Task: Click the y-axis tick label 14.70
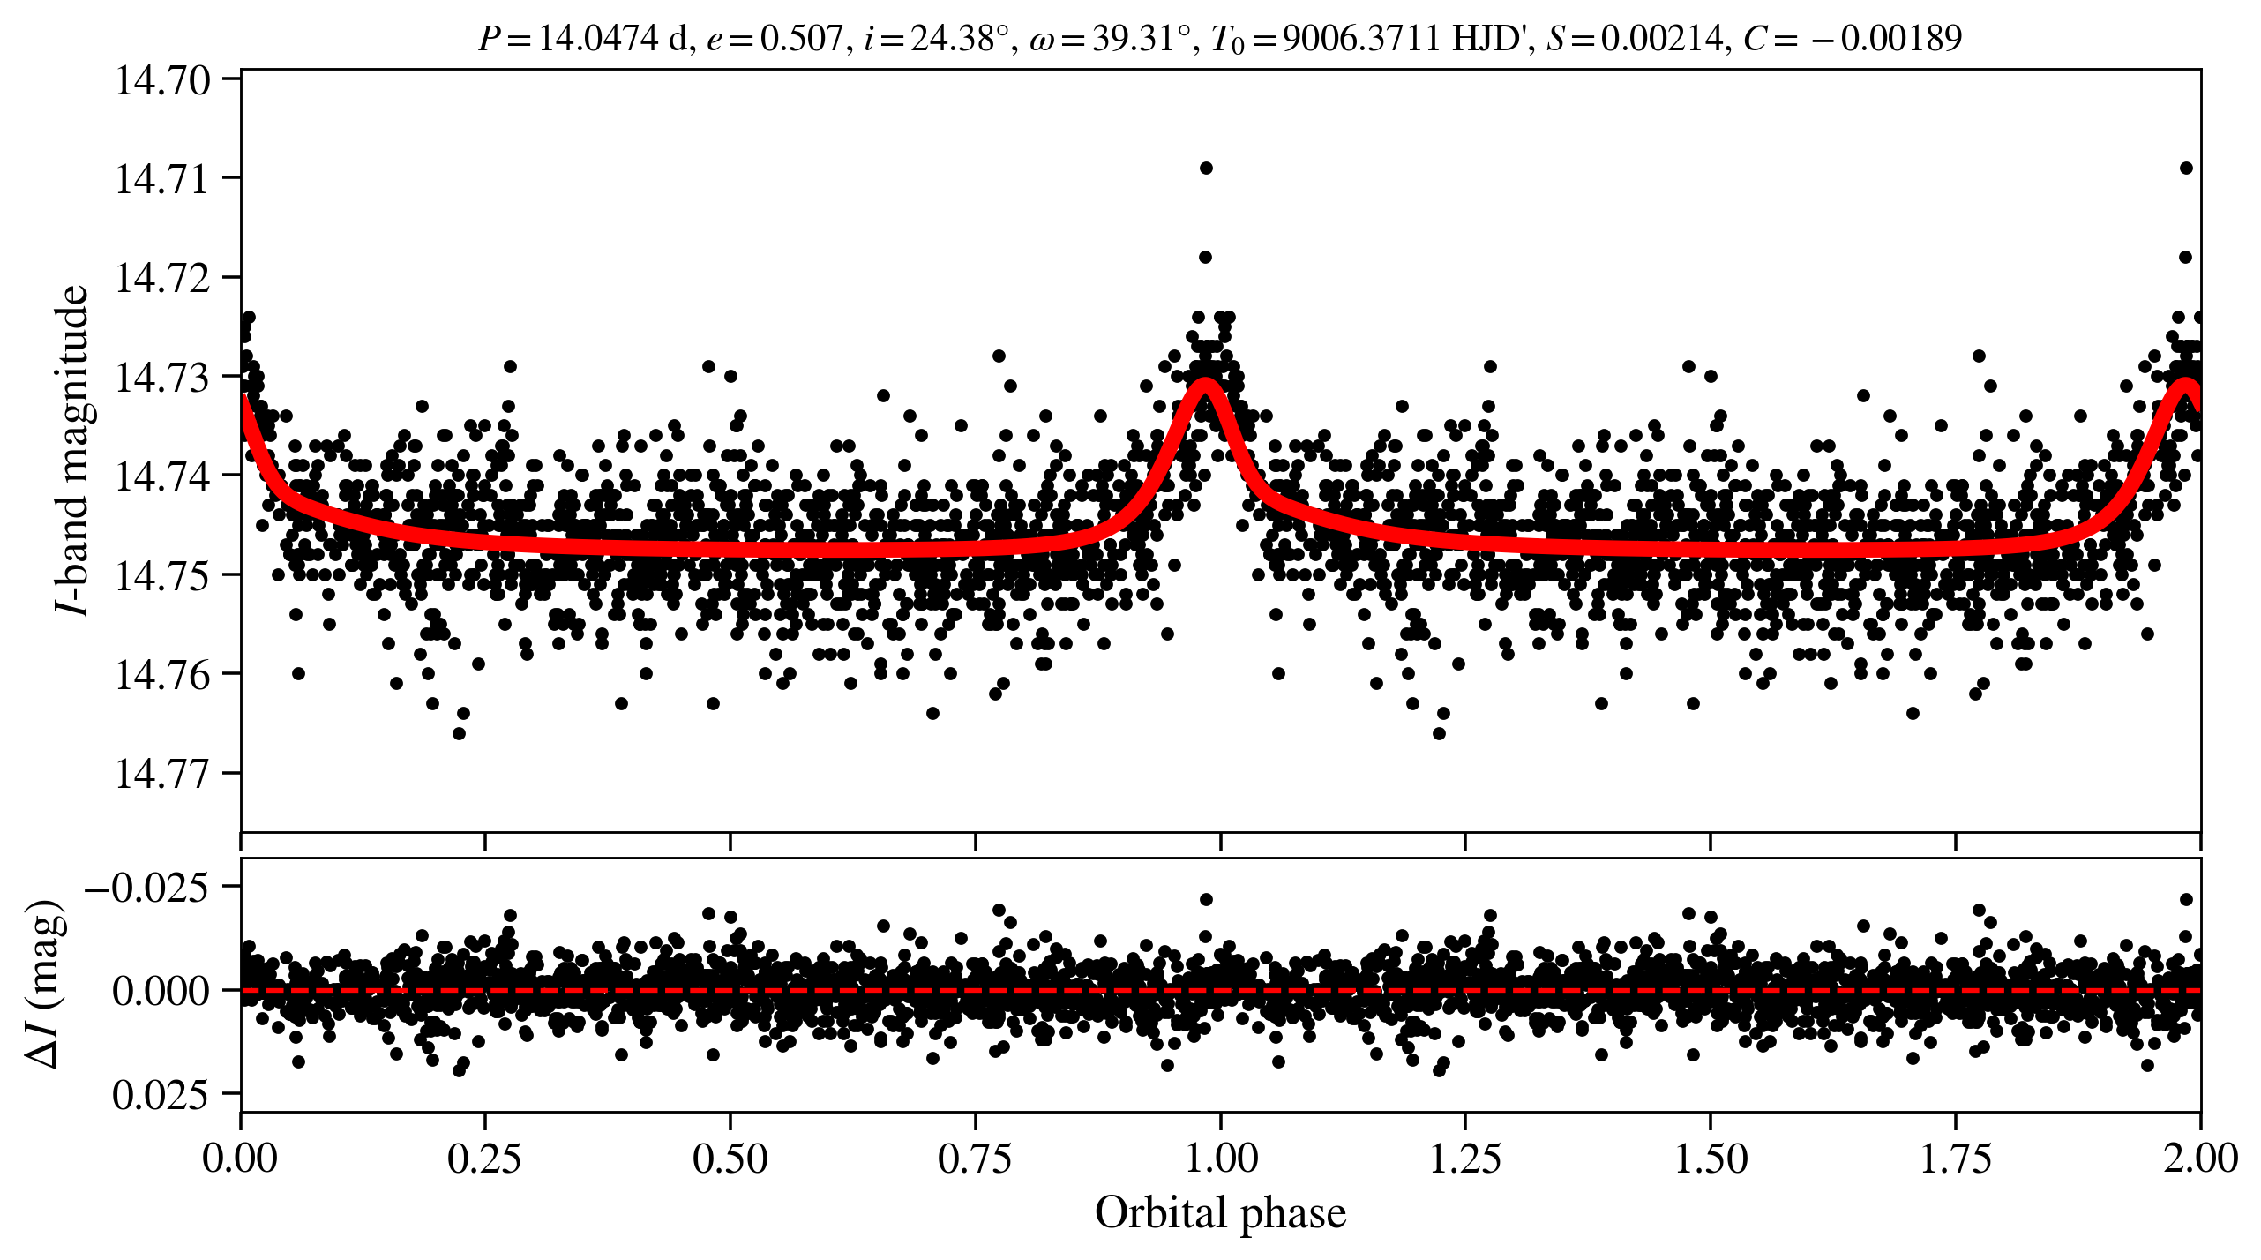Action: [163, 80]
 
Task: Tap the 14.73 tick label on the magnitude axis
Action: [163, 378]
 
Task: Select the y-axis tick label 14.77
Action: [163, 774]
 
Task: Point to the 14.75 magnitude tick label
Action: [163, 576]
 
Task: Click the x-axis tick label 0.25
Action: [484, 1159]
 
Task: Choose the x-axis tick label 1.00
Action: [1220, 1159]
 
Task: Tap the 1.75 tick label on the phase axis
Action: [1956, 1159]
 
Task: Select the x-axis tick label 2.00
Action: [2200, 1159]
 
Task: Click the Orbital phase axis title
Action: [1220, 1214]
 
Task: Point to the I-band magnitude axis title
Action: [72, 450]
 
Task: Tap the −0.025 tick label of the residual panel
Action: [147, 887]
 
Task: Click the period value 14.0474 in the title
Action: [598, 39]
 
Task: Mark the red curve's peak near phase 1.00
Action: [1205, 383]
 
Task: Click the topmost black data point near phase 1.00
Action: [1206, 168]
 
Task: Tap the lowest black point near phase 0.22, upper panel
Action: [459, 733]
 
